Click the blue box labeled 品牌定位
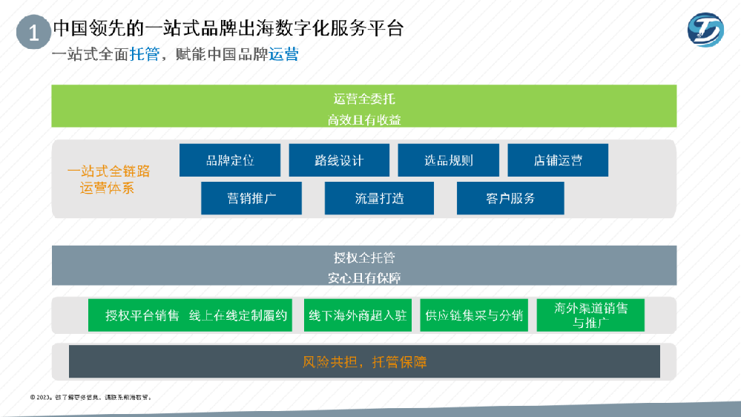click(230, 160)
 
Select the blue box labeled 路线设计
click(339, 160)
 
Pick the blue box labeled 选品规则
click(448, 160)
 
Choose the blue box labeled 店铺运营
click(558, 160)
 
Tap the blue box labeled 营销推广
click(251, 198)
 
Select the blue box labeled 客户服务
click(510, 198)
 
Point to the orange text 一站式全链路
click(108, 171)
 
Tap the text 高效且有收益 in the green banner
click(364, 119)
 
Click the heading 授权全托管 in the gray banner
click(364, 258)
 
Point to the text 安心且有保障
click(364, 278)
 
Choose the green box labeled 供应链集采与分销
click(474, 315)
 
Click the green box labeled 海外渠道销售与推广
click(590, 315)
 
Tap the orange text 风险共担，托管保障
click(364, 362)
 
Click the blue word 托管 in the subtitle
click(144, 54)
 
